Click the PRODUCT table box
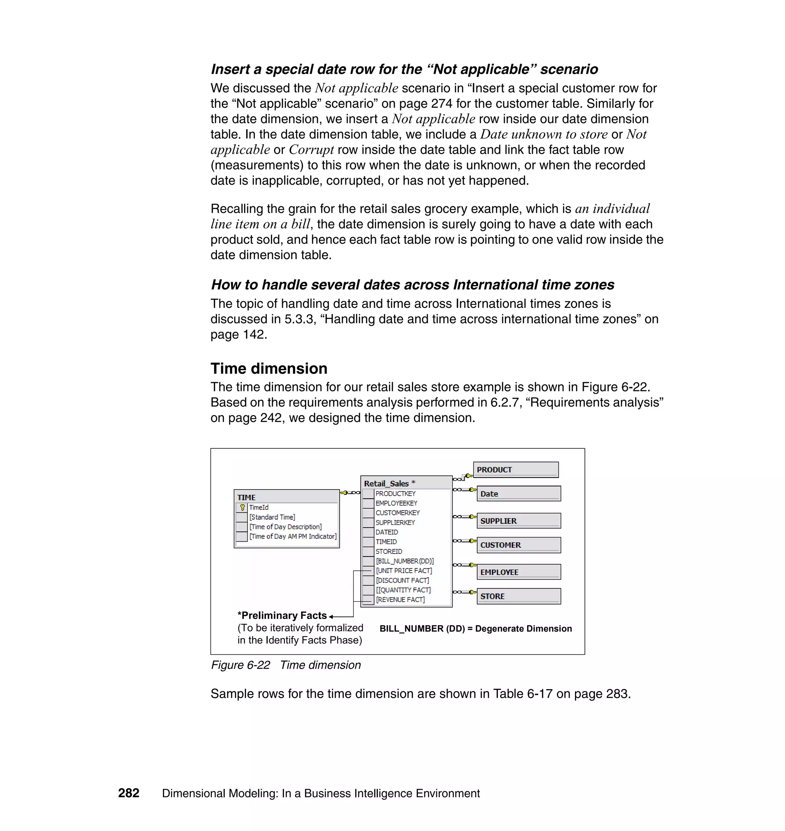pos(516,470)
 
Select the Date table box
pos(518,494)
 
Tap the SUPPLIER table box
pos(518,521)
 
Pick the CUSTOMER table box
pos(518,545)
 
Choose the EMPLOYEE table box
pos(518,572)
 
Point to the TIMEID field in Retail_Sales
pos(386,542)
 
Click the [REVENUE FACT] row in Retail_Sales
pos(400,599)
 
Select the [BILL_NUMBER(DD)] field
pos(405,561)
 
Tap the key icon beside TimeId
pos(242,507)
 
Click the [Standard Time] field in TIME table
pos(272,517)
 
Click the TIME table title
pos(246,498)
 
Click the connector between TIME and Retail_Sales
pos(350,493)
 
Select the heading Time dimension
pos(269,369)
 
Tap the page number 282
pos(128,793)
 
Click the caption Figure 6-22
pos(240,665)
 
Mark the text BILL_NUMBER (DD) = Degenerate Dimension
pos(475,629)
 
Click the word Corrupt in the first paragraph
pos(311,150)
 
